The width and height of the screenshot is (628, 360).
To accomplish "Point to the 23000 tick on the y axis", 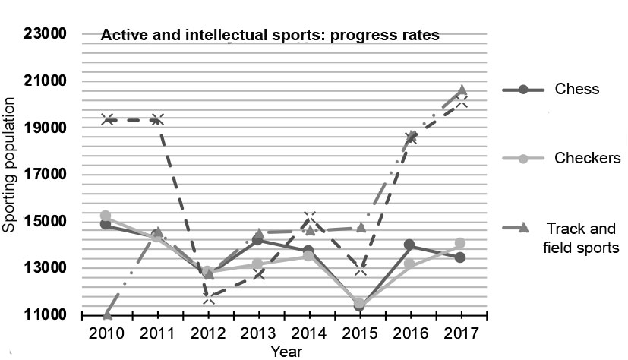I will [48, 34].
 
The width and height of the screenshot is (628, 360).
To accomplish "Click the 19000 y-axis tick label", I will [48, 128].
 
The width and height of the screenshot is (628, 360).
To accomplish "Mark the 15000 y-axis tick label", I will [48, 222].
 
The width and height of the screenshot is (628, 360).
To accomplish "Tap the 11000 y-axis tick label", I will [48, 314].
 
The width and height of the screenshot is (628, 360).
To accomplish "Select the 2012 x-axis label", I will [209, 334].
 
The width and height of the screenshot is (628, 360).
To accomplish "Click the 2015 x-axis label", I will [361, 334].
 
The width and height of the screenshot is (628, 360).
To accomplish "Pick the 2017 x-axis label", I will [461, 334].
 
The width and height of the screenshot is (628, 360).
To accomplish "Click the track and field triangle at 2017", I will [461, 90].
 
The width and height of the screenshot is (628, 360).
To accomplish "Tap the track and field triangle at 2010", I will [107, 314].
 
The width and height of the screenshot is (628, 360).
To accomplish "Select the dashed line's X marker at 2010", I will [107, 119].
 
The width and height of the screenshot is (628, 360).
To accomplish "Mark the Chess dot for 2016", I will [410, 245].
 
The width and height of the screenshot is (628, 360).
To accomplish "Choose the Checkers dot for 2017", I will [460, 243].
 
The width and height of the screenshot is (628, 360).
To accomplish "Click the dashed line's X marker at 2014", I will [310, 219].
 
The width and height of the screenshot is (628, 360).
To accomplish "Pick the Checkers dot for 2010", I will [106, 216].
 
